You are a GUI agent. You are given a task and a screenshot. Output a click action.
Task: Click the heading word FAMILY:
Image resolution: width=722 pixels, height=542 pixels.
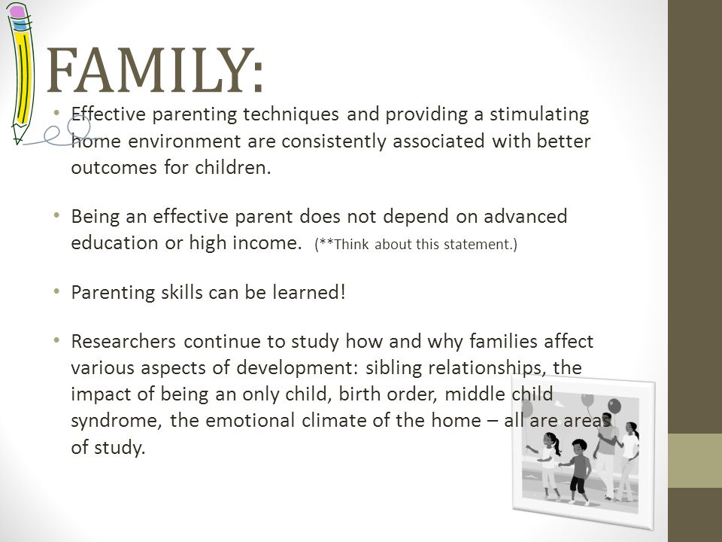coord(155,70)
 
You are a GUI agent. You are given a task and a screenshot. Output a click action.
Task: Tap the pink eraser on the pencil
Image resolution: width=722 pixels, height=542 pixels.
coord(18,12)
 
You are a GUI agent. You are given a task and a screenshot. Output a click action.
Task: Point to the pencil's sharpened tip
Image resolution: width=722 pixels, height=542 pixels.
coord(17,140)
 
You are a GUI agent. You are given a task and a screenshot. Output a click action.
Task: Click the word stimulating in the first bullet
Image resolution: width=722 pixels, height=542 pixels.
coord(539,114)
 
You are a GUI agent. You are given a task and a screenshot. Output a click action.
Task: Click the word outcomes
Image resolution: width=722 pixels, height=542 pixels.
coord(114,167)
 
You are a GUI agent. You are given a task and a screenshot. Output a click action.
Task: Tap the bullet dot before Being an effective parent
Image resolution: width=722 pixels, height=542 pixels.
coord(56,215)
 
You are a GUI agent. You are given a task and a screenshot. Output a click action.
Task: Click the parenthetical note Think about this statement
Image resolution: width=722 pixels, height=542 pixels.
coord(416,244)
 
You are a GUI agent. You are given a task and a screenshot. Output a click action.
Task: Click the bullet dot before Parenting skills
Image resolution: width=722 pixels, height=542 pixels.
coord(56,291)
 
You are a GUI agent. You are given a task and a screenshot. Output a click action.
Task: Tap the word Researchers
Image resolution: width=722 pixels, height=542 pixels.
coord(123,341)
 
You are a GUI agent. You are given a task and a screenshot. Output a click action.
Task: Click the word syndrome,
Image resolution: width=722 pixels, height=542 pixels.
coord(117,422)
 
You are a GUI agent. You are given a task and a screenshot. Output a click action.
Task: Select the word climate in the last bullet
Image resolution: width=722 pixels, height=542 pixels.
coord(334,420)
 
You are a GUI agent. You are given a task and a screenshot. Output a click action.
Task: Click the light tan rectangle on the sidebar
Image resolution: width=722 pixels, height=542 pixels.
coord(695,461)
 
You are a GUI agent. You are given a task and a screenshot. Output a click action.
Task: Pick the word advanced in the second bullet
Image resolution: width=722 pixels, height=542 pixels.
coord(526,216)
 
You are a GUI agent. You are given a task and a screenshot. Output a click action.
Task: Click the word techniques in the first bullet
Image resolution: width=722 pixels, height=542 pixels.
coord(291,114)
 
